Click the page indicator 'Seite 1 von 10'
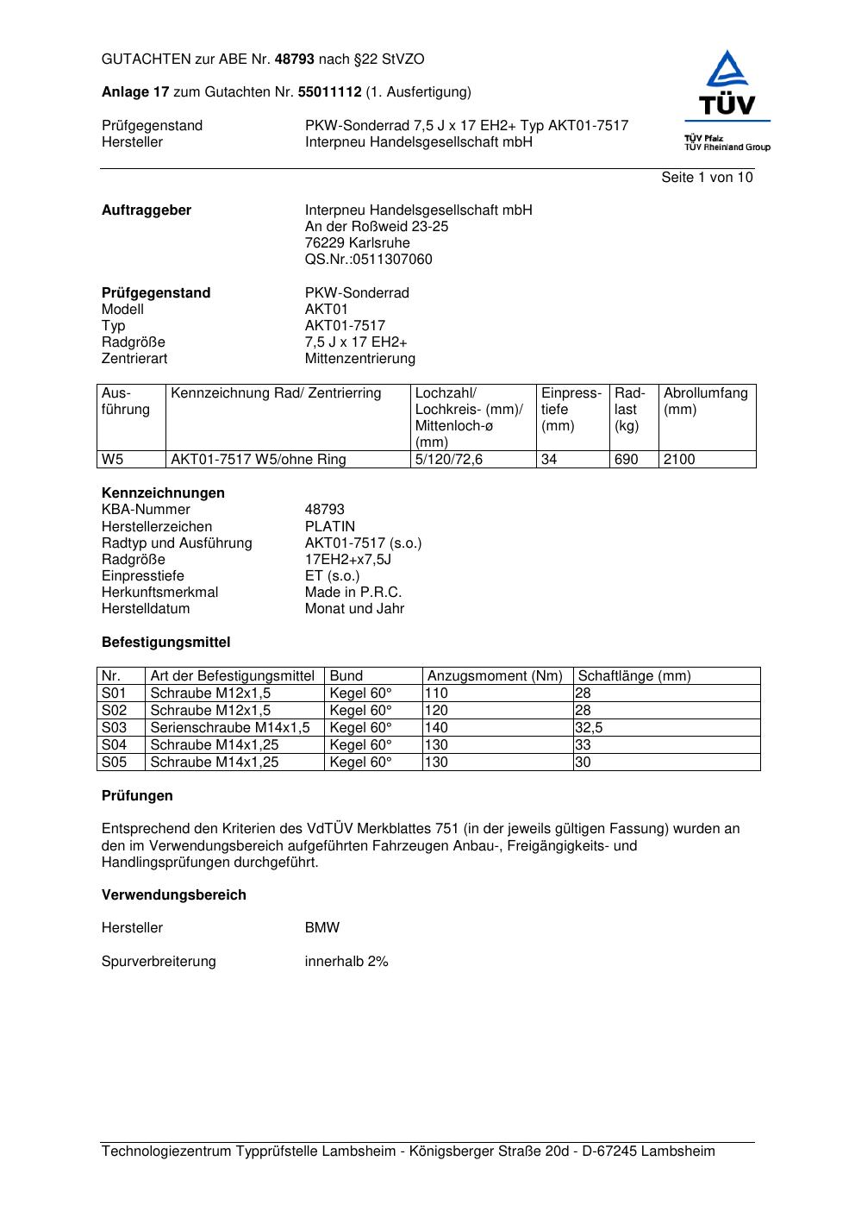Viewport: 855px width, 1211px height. pyautogui.click(x=707, y=178)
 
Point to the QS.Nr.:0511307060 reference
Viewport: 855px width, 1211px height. pyautogui.click(x=368, y=260)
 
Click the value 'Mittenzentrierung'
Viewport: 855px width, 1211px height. pyautogui.click(x=359, y=359)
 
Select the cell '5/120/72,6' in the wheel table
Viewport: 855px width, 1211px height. pyautogui.click(x=448, y=460)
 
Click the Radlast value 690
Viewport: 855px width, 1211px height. pyautogui.click(x=626, y=460)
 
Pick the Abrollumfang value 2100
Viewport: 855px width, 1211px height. pyautogui.click(x=679, y=460)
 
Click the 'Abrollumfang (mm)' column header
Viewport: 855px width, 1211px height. pyautogui.click(x=705, y=401)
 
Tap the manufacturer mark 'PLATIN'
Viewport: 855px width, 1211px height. pyautogui.click(x=329, y=527)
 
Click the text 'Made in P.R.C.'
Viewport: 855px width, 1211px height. pyautogui.click(x=353, y=593)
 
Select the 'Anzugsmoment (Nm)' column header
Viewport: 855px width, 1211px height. pyautogui.click(x=495, y=676)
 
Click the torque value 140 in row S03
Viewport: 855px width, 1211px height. pyautogui.click(x=436, y=728)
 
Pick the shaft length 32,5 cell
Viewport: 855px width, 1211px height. pyautogui.click(x=590, y=728)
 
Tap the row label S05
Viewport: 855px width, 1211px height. pyautogui.click(x=114, y=762)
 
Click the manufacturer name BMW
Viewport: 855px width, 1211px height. pyautogui.click(x=321, y=928)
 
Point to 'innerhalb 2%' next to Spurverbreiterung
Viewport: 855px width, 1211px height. pyautogui.click(x=346, y=962)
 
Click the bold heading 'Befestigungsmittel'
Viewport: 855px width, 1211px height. pyautogui.click(x=165, y=643)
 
